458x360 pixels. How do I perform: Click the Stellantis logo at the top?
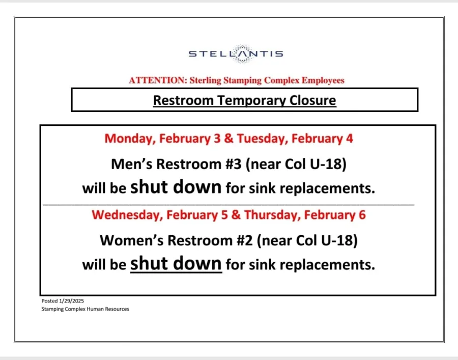(236, 54)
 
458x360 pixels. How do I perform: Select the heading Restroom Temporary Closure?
(244, 100)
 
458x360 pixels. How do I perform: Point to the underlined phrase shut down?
(176, 264)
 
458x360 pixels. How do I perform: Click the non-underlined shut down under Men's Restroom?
(176, 187)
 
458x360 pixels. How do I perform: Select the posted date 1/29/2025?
(70, 301)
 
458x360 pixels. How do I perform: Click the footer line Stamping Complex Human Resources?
(85, 309)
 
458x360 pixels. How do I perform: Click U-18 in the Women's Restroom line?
(340, 240)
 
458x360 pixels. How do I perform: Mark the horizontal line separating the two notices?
(229, 204)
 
